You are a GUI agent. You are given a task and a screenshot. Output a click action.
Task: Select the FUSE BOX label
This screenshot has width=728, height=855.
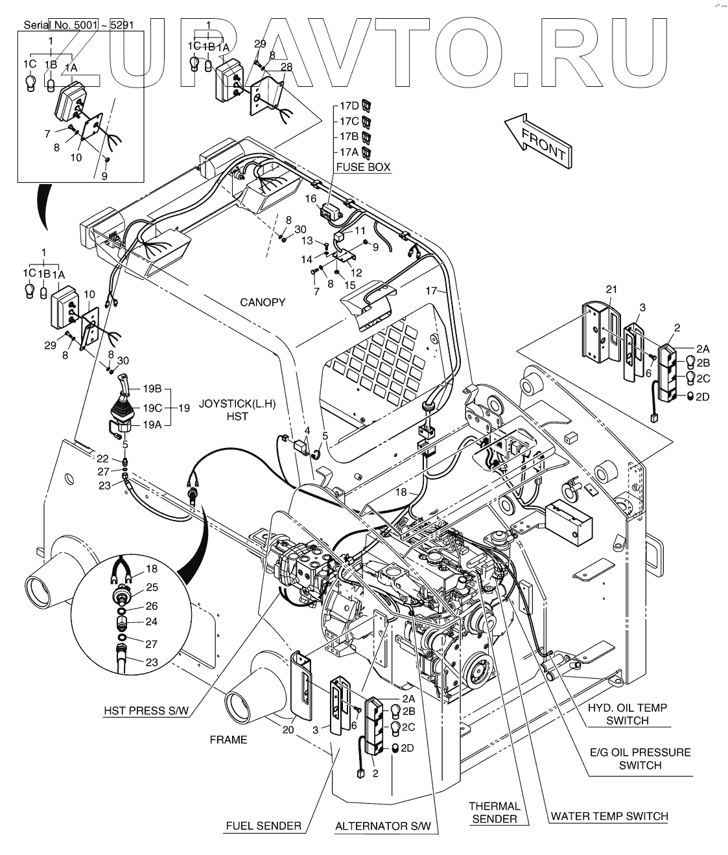362,167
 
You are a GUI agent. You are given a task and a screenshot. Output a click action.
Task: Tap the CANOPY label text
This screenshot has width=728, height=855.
263,303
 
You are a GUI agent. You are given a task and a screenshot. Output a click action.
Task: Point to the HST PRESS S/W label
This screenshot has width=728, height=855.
147,710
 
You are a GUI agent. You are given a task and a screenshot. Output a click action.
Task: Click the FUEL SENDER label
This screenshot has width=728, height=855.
263,826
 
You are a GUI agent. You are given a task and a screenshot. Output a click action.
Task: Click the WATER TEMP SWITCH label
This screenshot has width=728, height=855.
609,815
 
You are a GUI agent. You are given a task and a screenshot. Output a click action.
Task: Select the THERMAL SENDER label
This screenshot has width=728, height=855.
495,812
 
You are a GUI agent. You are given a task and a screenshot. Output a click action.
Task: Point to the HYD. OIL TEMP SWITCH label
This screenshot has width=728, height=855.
627,714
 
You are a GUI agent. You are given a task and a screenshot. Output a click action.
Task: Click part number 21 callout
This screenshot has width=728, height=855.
612,289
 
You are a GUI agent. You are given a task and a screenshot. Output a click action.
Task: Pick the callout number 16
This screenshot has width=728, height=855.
311,198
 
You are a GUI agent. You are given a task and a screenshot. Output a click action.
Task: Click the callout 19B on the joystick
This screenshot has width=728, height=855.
152,389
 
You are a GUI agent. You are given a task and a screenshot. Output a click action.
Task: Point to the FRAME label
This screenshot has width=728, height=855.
229,740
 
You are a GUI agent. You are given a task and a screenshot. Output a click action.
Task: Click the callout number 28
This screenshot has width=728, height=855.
287,67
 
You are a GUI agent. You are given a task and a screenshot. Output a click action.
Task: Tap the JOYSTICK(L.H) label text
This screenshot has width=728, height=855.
237,403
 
